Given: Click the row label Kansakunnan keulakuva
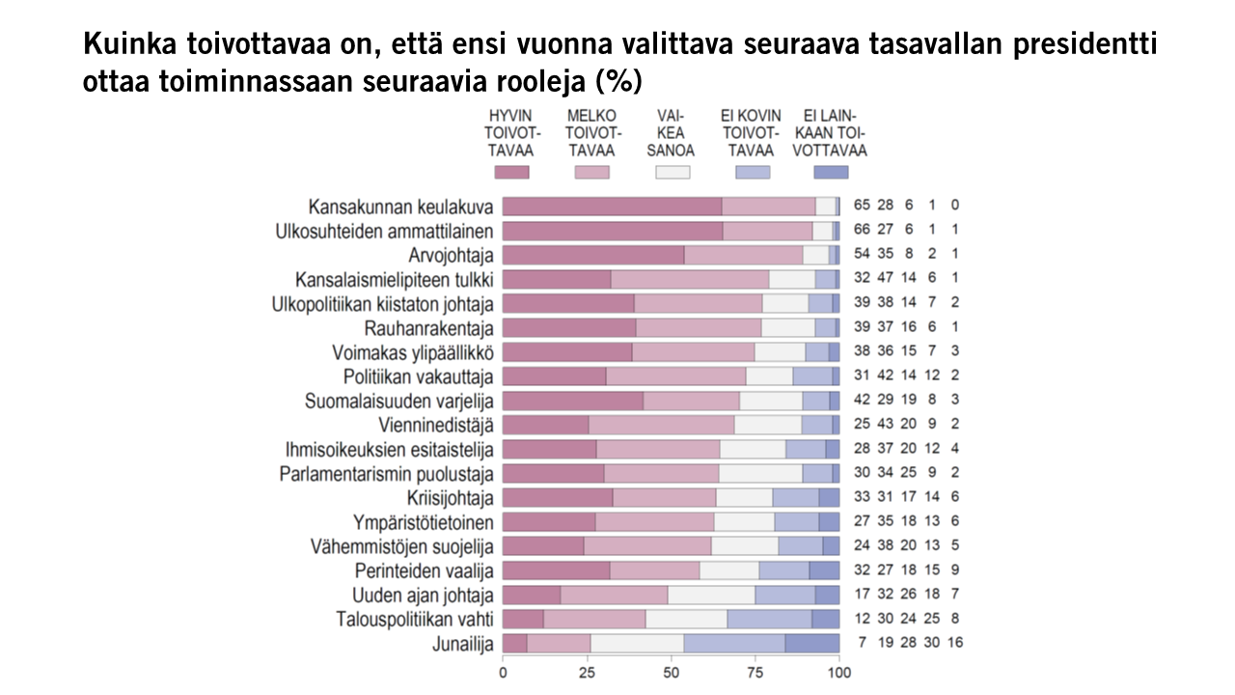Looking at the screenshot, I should click(400, 207).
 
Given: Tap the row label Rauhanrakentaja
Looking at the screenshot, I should click(429, 328).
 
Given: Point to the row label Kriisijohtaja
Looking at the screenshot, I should click(451, 498).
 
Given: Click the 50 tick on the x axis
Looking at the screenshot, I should click(672, 672).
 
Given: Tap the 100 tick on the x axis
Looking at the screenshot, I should click(839, 672).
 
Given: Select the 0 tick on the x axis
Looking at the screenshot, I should click(503, 672).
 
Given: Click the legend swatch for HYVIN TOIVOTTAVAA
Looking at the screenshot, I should click(511, 172).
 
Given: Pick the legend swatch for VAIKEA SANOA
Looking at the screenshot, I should click(672, 172).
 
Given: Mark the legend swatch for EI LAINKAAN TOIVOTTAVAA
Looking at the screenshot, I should click(831, 172).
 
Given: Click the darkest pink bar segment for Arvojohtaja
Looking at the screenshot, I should click(593, 255).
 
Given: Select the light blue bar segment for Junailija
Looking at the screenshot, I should click(734, 644).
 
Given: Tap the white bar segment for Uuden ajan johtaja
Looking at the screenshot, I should click(711, 595).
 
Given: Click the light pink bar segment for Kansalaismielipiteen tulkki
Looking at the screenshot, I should click(690, 279).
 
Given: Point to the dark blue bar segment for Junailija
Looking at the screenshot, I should click(812, 644).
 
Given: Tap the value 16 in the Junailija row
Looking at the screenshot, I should click(954, 643).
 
